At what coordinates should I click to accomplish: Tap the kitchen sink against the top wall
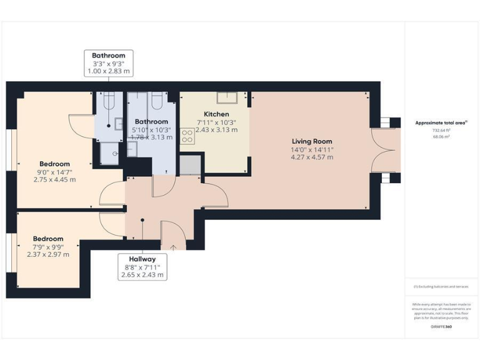pyautogui.click(x=226, y=98)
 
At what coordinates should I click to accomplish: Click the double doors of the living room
pyautogui.click(x=384, y=150)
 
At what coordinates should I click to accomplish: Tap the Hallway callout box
pyautogui.click(x=142, y=267)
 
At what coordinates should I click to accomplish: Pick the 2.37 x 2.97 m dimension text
pyautogui.click(x=48, y=254)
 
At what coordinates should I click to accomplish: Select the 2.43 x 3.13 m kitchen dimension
pyautogui.click(x=216, y=130)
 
